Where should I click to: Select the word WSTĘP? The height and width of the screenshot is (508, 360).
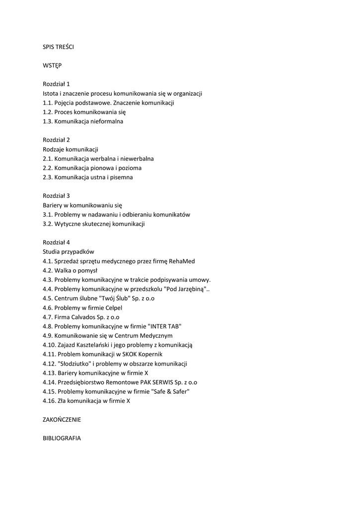click(x=52, y=65)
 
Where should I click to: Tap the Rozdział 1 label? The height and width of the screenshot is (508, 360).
click(x=56, y=84)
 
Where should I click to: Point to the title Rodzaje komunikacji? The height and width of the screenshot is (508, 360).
click(x=71, y=149)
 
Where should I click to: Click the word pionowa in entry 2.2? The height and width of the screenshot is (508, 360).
click(x=101, y=168)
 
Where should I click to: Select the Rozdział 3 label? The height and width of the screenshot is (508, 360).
click(x=56, y=195)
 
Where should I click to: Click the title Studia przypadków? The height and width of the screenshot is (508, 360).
click(x=69, y=252)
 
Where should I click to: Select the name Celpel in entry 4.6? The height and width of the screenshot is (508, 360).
click(x=114, y=308)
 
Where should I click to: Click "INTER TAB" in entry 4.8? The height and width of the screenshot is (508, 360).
click(x=163, y=326)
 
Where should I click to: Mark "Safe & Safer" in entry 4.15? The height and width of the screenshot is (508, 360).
click(x=172, y=391)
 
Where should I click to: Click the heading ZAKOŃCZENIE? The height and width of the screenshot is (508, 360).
click(x=62, y=419)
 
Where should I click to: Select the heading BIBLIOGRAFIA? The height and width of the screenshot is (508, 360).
click(x=62, y=438)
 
